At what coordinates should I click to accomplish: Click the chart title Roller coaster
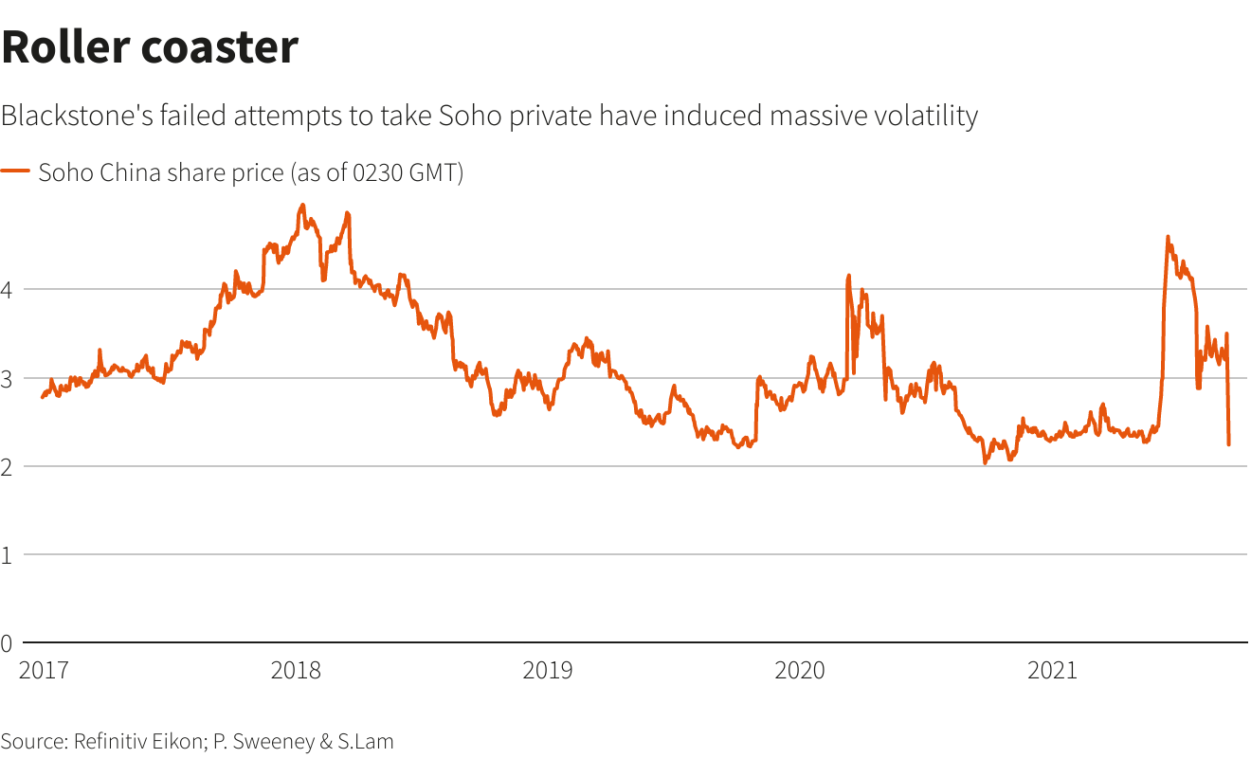point(150,47)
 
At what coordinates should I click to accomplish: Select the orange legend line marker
point(15,171)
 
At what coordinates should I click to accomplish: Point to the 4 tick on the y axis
point(7,290)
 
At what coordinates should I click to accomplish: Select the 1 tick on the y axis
point(7,555)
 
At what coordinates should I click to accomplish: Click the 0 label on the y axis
point(7,643)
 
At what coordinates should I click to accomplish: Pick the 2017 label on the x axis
point(44,671)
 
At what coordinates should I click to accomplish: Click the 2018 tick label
point(296,671)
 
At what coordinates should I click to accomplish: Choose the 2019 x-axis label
point(548,671)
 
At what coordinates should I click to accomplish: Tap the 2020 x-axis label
point(800,671)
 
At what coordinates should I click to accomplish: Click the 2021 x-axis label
point(1052,671)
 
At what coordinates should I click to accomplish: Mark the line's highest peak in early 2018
point(302,205)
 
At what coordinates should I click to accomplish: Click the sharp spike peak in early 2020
point(848,276)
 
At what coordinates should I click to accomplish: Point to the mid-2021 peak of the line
point(1167,237)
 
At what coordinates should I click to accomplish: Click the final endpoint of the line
point(1229,444)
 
